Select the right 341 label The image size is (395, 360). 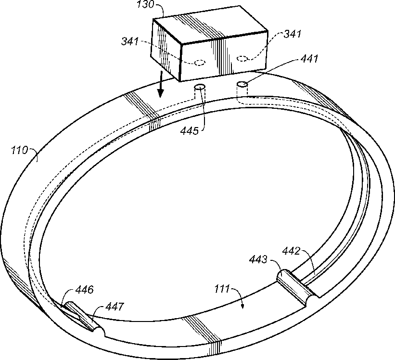click(293, 34)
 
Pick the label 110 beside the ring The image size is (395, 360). click(20, 150)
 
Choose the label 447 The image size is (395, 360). click(114, 306)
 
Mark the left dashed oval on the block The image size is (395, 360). click(199, 62)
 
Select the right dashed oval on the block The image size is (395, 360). click(243, 59)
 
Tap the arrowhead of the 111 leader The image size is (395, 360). click(243, 306)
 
